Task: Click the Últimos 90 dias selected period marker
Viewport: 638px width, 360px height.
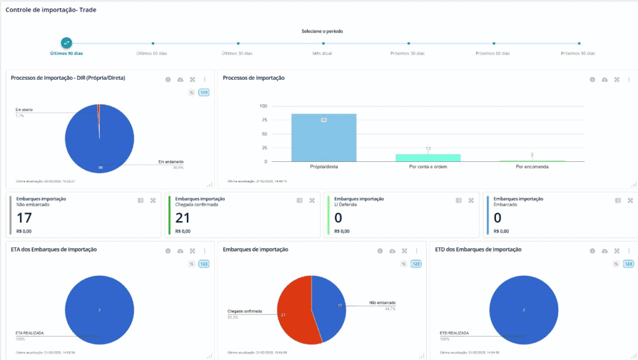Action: pyautogui.click(x=67, y=43)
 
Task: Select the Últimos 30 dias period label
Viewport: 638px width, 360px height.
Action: pyautogui.click(x=237, y=54)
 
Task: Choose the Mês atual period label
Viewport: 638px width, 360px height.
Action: pyautogui.click(x=323, y=54)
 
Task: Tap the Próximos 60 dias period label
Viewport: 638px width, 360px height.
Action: pyautogui.click(x=493, y=54)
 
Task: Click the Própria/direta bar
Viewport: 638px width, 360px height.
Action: pyautogui.click(x=324, y=138)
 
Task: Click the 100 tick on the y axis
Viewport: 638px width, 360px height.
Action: pyautogui.click(x=264, y=106)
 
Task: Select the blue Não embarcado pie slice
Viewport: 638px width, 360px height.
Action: pyautogui.click(x=329, y=305)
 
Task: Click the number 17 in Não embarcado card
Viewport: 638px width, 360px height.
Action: pyautogui.click(x=24, y=218)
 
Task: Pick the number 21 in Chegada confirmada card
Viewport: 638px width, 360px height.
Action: pyautogui.click(x=183, y=218)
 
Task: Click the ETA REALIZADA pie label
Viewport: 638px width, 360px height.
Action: pyautogui.click(x=29, y=333)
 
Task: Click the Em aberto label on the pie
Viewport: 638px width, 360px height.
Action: pyautogui.click(x=24, y=110)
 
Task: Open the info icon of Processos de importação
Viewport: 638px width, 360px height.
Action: pyautogui.click(x=593, y=79)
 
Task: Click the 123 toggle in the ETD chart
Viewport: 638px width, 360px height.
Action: pyautogui.click(x=629, y=264)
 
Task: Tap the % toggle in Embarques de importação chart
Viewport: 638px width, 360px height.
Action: pyautogui.click(x=404, y=264)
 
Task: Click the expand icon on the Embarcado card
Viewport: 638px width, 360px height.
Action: pyautogui.click(x=631, y=201)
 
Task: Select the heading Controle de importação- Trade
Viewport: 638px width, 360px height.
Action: pyautogui.click(x=50, y=10)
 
